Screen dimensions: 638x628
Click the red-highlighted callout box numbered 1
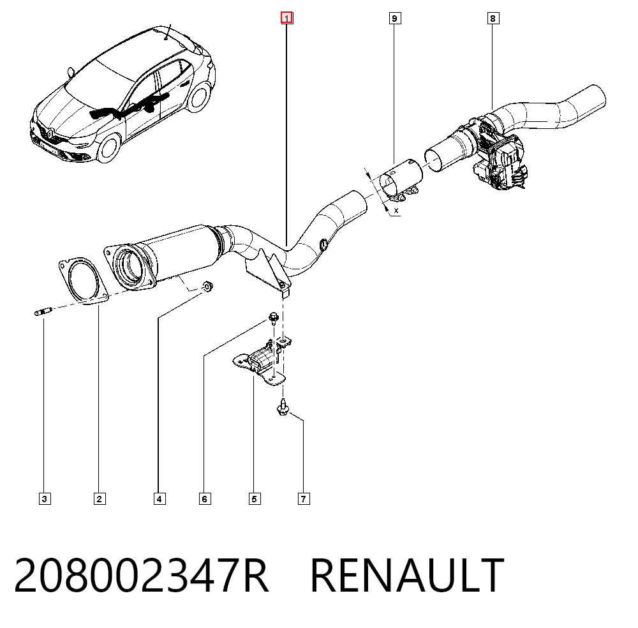coord(287,18)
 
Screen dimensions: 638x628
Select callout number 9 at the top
coord(394,19)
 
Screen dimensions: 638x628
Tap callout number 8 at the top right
coord(493,19)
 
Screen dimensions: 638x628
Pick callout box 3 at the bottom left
coord(45,498)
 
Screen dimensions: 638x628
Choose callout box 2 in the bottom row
coord(100,498)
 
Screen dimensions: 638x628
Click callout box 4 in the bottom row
coord(159,498)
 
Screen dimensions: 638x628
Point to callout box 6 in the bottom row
coord(205,498)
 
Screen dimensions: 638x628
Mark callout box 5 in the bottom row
coord(255,498)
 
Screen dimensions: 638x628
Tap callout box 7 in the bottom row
coord(304,498)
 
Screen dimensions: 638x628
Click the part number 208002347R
coord(142,575)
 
